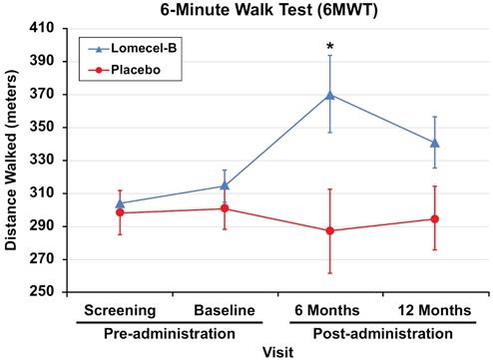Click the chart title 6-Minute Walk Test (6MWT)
pos(268,10)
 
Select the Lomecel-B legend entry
pos(133,49)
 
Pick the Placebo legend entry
pos(125,70)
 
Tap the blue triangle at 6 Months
pos(330,96)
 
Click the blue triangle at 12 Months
pos(435,144)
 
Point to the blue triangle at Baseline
pos(225,185)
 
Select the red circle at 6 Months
pos(330,230)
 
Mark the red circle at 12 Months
pos(435,219)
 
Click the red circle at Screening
pos(120,212)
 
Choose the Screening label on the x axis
pos(120,311)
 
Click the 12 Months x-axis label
pos(434,310)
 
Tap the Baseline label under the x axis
pos(225,310)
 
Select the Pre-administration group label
pos(170,334)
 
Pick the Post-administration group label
pos(383,334)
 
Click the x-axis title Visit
pos(278,352)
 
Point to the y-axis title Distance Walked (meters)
pos(11,162)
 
